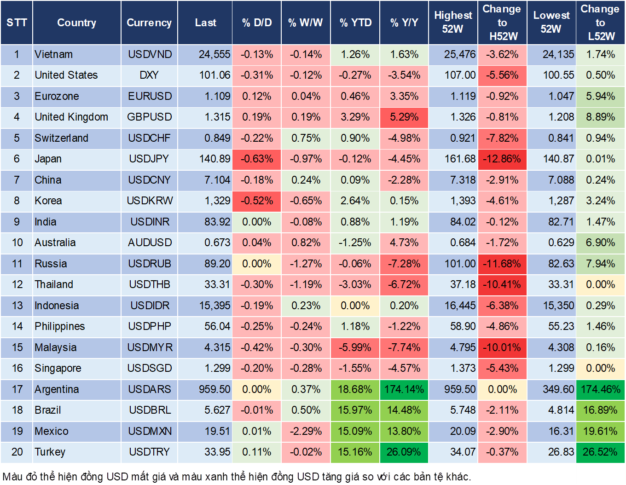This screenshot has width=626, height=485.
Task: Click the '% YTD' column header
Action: point(355,23)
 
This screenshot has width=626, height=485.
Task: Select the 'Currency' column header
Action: point(149,23)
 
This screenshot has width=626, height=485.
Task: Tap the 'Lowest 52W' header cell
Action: point(551,22)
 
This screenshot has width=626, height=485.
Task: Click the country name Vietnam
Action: point(54,54)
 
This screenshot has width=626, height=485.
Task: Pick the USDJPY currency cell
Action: point(149,159)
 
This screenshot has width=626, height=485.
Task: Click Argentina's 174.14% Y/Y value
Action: point(404,389)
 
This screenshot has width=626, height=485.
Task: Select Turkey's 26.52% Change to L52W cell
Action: point(600,452)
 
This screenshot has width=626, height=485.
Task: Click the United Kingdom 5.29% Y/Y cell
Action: point(404,117)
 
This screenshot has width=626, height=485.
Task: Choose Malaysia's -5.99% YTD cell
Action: point(355,347)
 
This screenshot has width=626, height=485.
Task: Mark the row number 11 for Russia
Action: point(17,264)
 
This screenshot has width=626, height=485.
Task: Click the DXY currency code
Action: point(149,75)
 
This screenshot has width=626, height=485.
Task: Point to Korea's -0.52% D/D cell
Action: point(256,201)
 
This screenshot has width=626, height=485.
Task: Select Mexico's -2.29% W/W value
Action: point(306,431)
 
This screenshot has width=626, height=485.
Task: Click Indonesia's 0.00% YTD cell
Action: point(355,306)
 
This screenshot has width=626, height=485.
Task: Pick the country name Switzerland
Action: point(61,138)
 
